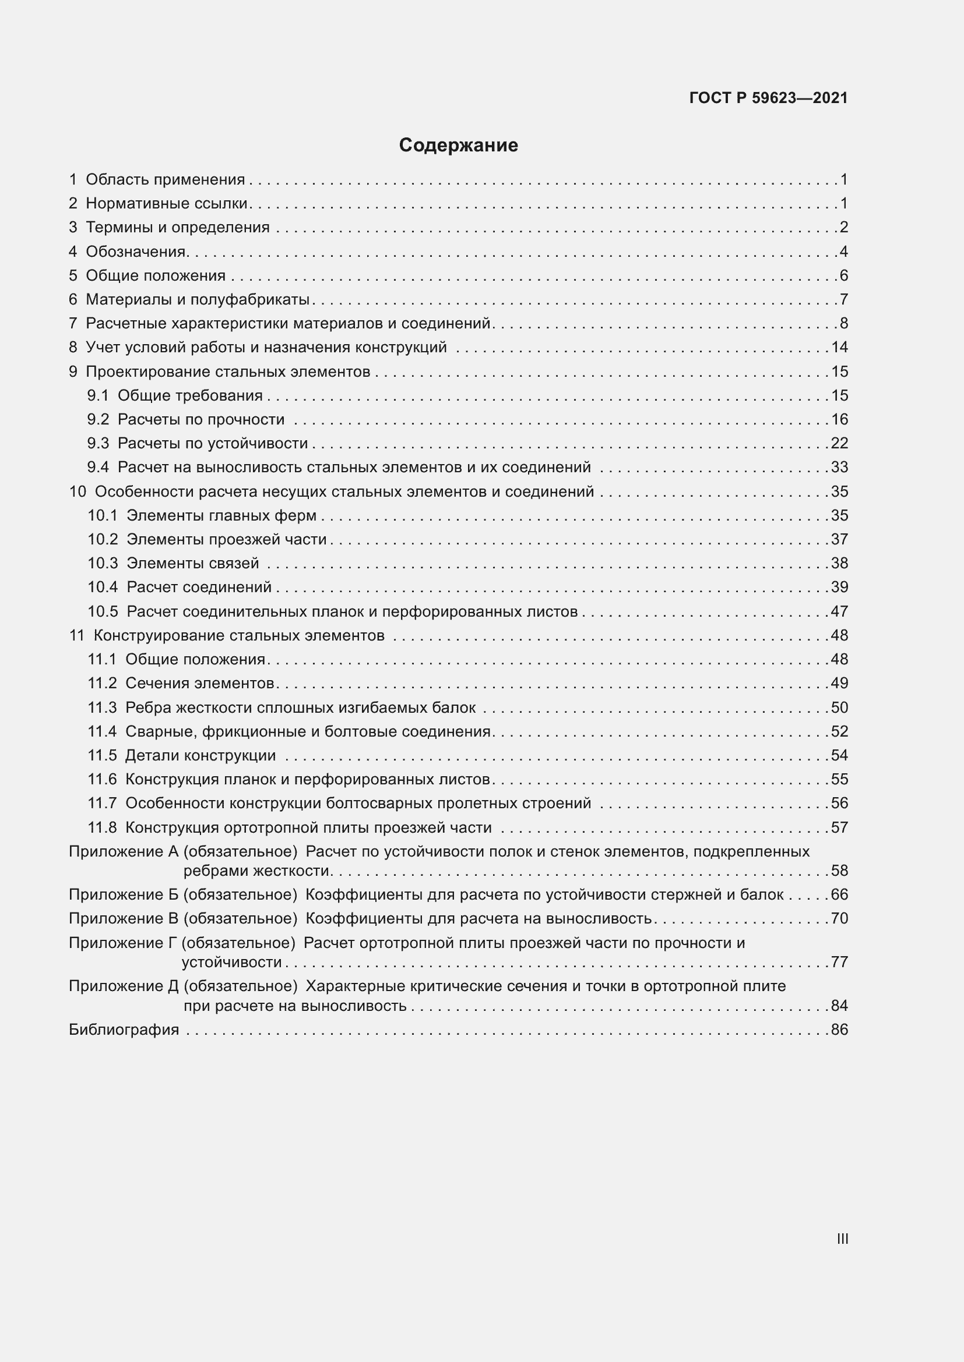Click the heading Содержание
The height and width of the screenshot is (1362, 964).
[458, 146]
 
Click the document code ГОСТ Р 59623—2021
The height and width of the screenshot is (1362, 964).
[768, 98]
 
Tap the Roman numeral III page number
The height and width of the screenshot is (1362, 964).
[842, 1239]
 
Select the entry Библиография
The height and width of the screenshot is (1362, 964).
[124, 1029]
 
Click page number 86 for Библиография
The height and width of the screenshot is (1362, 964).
[839, 1029]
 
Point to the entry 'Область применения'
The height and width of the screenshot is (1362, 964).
[165, 179]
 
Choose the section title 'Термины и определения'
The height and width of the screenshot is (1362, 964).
[178, 227]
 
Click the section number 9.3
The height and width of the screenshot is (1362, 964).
[98, 443]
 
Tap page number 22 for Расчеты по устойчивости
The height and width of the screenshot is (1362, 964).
[839, 443]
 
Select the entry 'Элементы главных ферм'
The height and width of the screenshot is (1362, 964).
[221, 515]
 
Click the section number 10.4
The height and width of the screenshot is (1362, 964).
[103, 587]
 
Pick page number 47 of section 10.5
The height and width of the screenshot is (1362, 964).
[839, 611]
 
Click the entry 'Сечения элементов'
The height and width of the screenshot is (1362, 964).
[199, 683]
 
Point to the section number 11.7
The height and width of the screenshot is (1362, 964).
[102, 802]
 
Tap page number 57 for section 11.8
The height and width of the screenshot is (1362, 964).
[839, 827]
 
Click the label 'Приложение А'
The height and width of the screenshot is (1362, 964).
[124, 851]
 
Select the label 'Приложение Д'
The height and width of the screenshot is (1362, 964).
[124, 986]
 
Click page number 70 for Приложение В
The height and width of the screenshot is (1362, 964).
[839, 918]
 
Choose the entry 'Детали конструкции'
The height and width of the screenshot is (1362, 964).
[200, 755]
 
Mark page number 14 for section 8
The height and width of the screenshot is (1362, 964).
[839, 347]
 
